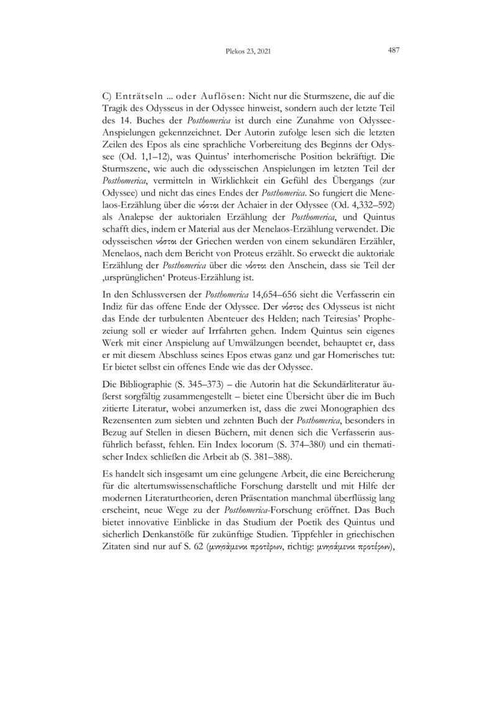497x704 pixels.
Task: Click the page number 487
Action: [393, 52]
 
